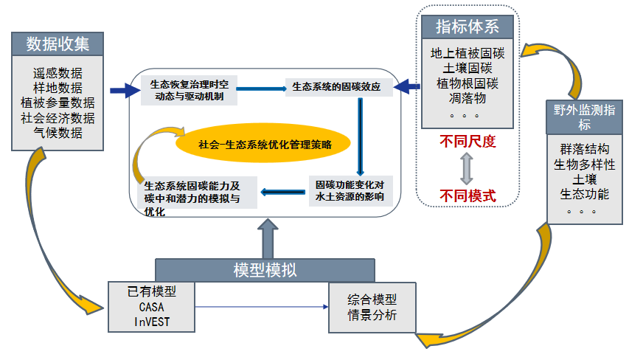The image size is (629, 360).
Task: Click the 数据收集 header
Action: coord(58,44)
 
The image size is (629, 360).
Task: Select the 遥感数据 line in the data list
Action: coord(58,73)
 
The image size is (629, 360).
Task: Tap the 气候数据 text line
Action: coord(58,133)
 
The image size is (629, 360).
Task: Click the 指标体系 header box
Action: coord(468,27)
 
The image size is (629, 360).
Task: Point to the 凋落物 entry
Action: coord(468,98)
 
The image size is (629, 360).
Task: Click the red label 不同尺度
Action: coord(468,142)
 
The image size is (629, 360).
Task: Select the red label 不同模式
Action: coord(468,195)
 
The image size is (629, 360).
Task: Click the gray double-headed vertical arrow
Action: coord(467,168)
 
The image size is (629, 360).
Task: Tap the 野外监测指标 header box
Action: coord(585,117)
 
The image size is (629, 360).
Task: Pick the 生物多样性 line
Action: coord(585,165)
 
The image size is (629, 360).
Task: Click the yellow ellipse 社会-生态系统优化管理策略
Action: coord(263,143)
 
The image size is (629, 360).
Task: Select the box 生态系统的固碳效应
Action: coord(339,87)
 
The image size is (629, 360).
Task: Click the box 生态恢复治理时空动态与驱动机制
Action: coord(189,90)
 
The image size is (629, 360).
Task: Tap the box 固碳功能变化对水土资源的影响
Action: coord(350,191)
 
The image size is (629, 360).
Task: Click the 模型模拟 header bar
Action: coord(265,270)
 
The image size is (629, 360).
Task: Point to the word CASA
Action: coord(152,307)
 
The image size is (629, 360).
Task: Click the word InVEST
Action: coord(152,322)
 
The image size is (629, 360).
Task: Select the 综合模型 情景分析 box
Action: coord(372,308)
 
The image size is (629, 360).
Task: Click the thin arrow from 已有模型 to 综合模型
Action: coord(262,307)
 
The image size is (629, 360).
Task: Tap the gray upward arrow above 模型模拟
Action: coord(268,239)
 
